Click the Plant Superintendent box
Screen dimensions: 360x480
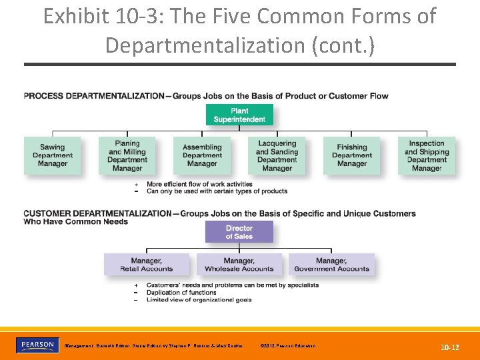(x=239, y=115)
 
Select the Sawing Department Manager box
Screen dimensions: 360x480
(x=52, y=155)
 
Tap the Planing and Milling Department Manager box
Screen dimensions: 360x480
(x=127, y=155)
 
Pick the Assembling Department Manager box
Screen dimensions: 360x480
(x=202, y=155)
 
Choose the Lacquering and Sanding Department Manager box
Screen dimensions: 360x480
(x=277, y=155)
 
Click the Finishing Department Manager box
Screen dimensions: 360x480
(x=351, y=155)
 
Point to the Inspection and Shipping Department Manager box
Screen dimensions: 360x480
(x=427, y=155)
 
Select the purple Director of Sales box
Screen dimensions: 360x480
(x=239, y=232)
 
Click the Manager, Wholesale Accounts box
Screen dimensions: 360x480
(x=239, y=265)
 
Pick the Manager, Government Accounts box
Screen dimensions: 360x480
(x=331, y=265)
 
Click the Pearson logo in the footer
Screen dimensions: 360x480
(x=37, y=345)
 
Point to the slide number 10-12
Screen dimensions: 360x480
(x=450, y=347)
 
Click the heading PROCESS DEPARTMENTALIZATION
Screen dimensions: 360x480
(x=93, y=96)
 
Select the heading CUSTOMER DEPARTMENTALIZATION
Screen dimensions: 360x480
(x=97, y=214)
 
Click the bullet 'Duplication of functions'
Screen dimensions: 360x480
(x=181, y=292)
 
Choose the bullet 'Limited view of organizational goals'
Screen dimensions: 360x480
(x=199, y=299)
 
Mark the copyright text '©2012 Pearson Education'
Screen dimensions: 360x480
(x=289, y=345)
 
